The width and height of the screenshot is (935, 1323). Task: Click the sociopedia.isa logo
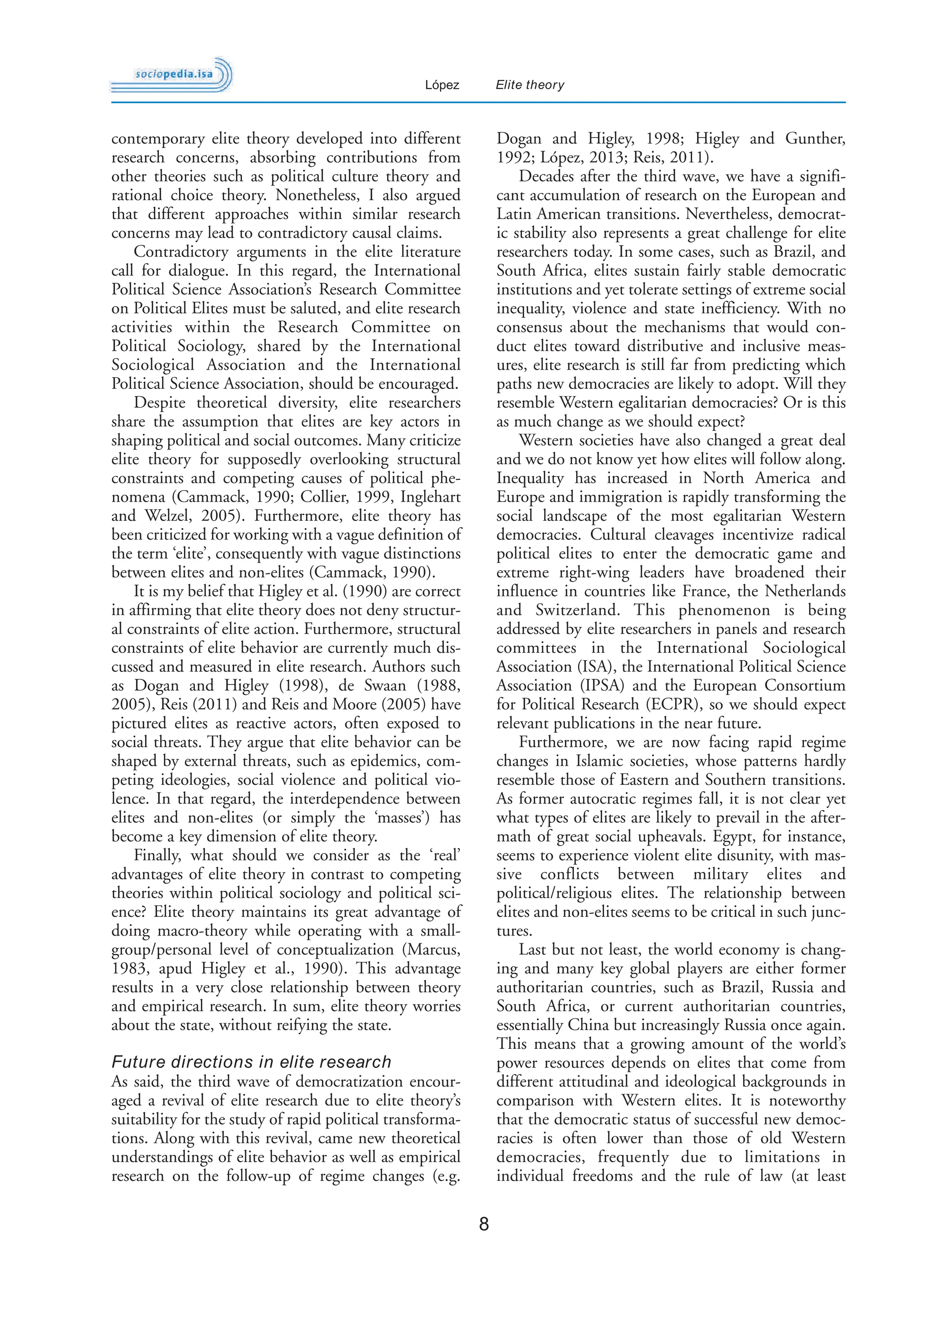(172, 75)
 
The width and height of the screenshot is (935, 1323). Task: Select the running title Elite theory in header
(530, 85)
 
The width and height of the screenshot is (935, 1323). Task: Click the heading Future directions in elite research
(251, 1062)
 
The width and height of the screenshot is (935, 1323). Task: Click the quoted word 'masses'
(398, 818)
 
